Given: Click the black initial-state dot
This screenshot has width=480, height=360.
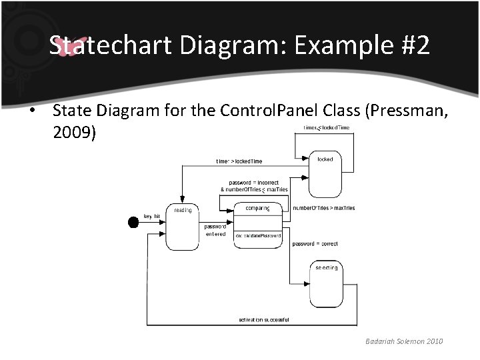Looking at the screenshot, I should (133, 222).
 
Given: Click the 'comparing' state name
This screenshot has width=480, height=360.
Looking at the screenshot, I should (257, 209).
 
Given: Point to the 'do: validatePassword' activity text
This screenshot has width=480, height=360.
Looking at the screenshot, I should (258, 236).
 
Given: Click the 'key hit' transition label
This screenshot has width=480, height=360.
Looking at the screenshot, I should (152, 217).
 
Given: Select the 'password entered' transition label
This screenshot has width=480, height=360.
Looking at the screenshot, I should (215, 230).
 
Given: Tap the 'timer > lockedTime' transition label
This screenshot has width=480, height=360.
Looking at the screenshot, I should (239, 161).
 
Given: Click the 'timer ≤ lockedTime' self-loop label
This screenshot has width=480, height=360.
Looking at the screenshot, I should (327, 127).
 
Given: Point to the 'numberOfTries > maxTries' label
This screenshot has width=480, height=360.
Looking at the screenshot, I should (324, 208).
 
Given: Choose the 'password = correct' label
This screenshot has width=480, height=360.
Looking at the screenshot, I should (315, 244).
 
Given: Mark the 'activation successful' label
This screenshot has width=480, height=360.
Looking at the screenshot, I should (264, 320).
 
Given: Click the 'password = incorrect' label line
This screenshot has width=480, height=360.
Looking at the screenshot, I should (254, 182).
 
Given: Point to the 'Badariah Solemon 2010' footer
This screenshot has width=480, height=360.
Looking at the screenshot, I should (404, 342).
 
